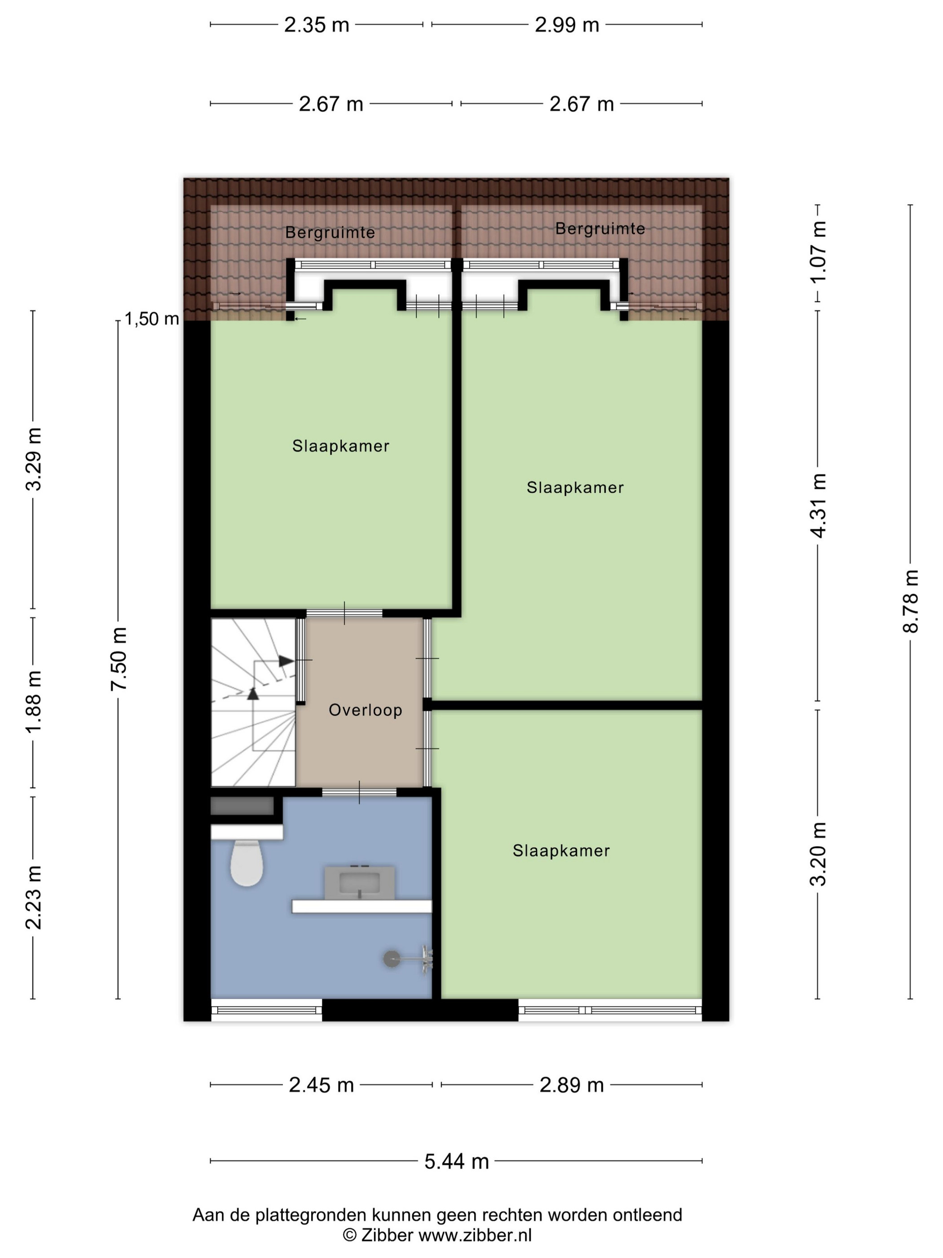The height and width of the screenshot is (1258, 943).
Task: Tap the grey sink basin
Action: [359, 883]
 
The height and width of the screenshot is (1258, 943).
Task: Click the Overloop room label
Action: [366, 710]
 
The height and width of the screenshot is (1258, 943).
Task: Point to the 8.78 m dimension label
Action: [911, 601]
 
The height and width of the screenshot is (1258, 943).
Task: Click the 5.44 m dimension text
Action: [456, 1161]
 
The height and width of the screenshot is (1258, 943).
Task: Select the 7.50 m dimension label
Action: [118, 659]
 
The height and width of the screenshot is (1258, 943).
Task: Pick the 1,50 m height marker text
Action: [152, 319]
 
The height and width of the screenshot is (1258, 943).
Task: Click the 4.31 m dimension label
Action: [818, 505]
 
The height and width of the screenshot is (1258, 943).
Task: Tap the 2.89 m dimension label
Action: [571, 1085]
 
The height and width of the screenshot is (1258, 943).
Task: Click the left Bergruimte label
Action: [330, 233]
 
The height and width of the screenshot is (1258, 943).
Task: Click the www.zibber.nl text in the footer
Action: [475, 1235]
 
